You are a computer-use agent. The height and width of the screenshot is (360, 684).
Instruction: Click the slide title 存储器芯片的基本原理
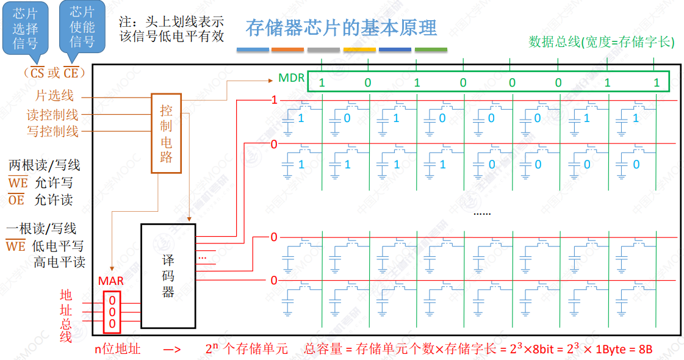click(x=341, y=28)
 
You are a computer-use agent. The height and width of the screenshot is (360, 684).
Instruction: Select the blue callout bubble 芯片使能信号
click(x=82, y=27)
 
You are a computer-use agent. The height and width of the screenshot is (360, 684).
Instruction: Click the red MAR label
click(x=111, y=281)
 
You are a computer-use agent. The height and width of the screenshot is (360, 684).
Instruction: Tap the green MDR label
click(x=291, y=78)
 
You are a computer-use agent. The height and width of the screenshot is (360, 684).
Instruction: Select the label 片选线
click(x=54, y=96)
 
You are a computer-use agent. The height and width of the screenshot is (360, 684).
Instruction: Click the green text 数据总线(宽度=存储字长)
click(x=601, y=42)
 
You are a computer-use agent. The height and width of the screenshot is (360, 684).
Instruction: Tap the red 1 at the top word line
click(x=274, y=99)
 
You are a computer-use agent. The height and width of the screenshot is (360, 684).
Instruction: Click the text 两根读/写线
click(x=44, y=165)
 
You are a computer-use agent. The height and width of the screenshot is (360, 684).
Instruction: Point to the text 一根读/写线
click(x=41, y=229)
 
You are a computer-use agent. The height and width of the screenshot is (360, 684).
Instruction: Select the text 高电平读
click(x=59, y=262)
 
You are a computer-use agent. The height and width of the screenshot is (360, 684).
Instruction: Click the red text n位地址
click(x=117, y=350)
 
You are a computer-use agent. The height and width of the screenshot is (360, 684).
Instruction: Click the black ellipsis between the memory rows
click(x=482, y=213)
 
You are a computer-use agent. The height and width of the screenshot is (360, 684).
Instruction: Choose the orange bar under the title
click(x=287, y=49)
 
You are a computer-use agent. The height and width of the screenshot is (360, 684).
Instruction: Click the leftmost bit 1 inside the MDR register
click(x=322, y=83)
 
